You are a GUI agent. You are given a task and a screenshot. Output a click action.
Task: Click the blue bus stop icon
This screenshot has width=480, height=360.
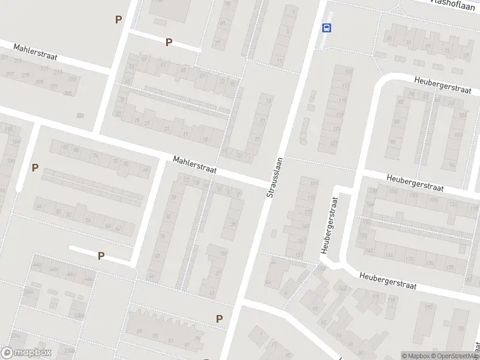point(327,28)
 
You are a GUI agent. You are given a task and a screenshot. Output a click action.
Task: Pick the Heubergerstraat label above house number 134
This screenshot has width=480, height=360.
point(415,182)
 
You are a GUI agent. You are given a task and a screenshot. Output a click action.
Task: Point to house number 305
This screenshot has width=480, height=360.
point(68,93)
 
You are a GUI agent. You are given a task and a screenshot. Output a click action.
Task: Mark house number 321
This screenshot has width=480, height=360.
point(80,115)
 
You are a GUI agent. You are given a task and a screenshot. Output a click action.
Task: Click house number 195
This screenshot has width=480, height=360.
point(430,307)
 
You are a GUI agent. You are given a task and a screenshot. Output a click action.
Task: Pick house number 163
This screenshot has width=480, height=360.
point(342,289)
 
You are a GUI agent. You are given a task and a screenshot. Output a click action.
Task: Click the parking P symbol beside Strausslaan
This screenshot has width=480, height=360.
point(220,319)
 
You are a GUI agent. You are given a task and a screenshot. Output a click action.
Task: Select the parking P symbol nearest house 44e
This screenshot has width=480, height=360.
point(101,256)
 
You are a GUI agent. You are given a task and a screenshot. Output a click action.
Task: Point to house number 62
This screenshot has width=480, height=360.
point(118,229)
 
